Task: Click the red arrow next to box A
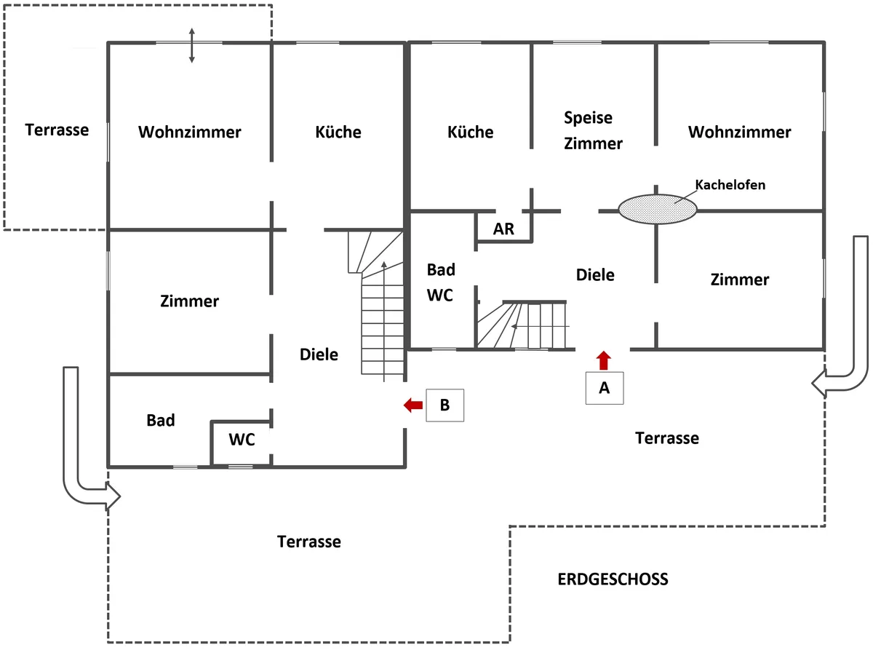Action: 603,360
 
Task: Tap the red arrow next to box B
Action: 413,405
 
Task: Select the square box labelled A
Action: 604,388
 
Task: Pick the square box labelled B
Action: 445,405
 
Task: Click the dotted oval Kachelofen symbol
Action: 658,209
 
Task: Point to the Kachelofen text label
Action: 730,185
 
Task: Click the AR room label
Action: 503,229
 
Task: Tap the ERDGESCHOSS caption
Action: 613,579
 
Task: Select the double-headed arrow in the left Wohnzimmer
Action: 191,45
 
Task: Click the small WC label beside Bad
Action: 242,439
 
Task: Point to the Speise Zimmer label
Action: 593,130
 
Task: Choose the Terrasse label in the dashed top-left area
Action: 57,130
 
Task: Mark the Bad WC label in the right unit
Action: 441,282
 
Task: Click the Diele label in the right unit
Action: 595,275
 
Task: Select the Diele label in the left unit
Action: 319,354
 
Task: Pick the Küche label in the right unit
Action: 471,132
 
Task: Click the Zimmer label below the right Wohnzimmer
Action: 740,280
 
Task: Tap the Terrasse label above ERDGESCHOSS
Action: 667,438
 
